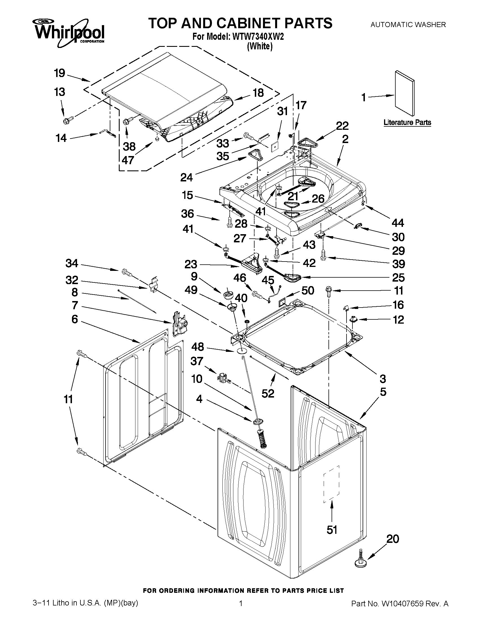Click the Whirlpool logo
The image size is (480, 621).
69,33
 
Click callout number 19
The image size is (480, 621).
60,73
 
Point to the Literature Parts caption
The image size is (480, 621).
407,122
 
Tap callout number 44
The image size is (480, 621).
398,223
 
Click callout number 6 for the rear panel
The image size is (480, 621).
74,319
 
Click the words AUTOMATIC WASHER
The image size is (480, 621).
408,25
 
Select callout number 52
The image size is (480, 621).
268,393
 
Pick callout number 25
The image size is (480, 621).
398,278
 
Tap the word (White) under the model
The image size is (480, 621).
260,46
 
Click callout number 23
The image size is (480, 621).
190,264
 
